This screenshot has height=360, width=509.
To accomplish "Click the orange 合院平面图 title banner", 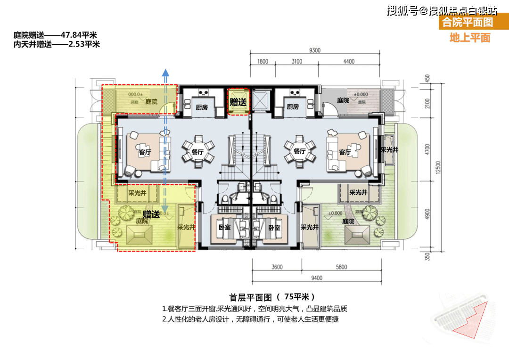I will (467, 22).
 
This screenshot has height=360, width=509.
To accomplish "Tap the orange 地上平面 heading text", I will (469, 38).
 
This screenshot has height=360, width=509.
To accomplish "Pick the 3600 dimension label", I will (277, 267).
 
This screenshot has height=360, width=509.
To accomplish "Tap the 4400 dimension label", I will (349, 62).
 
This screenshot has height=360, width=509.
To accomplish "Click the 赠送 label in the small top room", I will (238, 102).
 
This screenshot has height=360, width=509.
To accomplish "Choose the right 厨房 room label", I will (293, 107).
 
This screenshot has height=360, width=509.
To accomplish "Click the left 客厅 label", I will (145, 153).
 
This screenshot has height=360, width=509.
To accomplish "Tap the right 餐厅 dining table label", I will (299, 151).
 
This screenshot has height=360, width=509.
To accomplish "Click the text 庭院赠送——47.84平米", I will (56, 35).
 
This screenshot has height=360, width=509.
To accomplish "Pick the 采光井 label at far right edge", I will (389, 150).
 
